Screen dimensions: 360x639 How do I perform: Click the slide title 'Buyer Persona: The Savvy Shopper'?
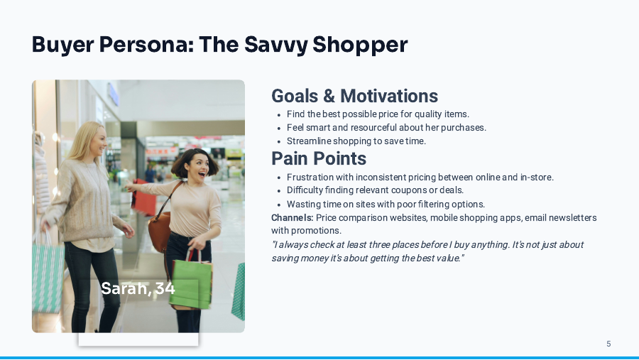[x=219, y=45]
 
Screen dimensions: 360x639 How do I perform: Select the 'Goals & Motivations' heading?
[x=354, y=96]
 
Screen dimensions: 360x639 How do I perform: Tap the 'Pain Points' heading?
[x=319, y=158]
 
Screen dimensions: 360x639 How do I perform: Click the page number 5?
[x=608, y=344]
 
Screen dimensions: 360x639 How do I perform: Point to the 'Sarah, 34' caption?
[x=138, y=288]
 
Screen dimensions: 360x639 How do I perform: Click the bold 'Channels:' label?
[x=292, y=217]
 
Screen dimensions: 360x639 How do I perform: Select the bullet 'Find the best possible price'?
[x=378, y=114]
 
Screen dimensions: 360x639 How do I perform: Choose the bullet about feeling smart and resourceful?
[x=386, y=127]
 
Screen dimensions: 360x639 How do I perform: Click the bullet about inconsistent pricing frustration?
[x=420, y=177]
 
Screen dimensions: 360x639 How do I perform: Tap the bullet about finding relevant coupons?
[x=375, y=190]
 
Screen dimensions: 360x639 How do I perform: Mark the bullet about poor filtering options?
[x=386, y=204]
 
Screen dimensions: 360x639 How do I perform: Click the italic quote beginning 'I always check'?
[x=427, y=251]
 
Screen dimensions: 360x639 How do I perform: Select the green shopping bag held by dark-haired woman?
[x=192, y=284]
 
